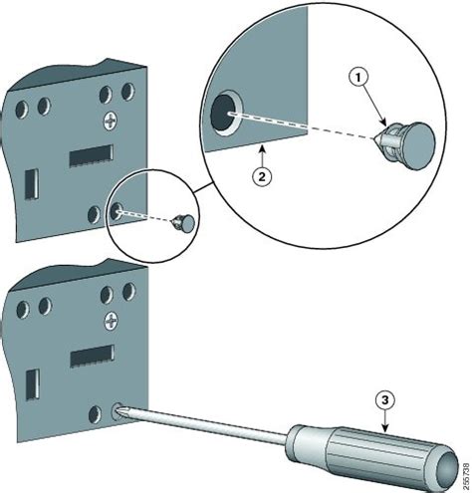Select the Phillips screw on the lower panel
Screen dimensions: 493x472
click(x=110, y=320)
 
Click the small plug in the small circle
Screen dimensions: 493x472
click(x=184, y=222)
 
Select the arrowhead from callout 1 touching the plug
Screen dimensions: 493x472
click(x=384, y=123)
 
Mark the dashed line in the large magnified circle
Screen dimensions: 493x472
click(x=309, y=124)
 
